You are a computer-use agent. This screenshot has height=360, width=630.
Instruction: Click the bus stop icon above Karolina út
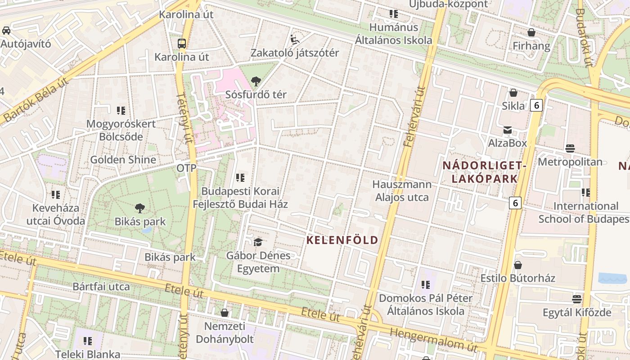(x=182, y=44)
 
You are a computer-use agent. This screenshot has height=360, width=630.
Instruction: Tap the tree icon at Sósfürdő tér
(x=256, y=81)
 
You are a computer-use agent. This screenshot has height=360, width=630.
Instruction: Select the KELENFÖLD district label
(x=342, y=240)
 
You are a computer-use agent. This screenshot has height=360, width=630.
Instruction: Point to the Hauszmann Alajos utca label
(x=402, y=191)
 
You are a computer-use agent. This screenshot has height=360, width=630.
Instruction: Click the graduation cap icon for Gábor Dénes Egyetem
(x=258, y=243)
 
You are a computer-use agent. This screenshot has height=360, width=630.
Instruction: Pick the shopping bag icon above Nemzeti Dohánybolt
(x=225, y=312)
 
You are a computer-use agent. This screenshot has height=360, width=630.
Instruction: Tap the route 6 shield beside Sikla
(x=536, y=105)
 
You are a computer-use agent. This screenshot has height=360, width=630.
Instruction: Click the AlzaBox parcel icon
(x=508, y=130)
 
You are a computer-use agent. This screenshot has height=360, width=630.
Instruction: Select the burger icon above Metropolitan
(x=570, y=148)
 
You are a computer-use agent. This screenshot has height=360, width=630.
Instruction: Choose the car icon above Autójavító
(x=6, y=31)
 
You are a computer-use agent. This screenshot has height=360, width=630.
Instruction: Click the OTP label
(x=186, y=168)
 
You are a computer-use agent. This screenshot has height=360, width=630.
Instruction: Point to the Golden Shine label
(x=123, y=159)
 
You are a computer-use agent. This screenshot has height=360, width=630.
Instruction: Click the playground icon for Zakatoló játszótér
(x=295, y=40)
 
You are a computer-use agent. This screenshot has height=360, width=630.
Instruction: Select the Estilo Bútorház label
(x=518, y=278)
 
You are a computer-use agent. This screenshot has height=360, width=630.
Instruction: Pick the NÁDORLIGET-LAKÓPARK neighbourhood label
(x=484, y=172)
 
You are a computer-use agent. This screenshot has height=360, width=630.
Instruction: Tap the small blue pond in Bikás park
(x=146, y=230)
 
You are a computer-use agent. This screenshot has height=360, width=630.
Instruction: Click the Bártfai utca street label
(x=101, y=287)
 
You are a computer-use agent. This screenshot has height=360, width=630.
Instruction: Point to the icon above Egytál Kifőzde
(x=577, y=299)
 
